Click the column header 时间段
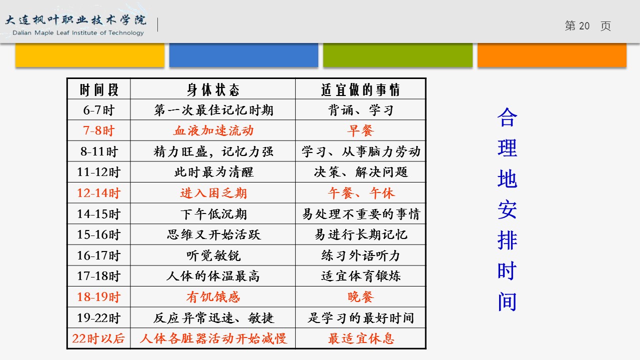click(99, 90)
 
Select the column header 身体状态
click(213, 90)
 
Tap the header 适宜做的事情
click(361, 90)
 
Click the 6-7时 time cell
click(99, 110)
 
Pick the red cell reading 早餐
click(361, 130)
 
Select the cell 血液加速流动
click(213, 130)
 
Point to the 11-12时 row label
click(99, 172)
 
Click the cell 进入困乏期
click(213, 193)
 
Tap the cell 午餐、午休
click(361, 193)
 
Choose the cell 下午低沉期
click(213, 214)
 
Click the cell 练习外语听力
click(361, 255)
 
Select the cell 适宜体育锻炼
click(361, 276)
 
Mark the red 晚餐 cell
click(361, 297)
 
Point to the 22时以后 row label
click(98, 338)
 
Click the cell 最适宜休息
click(361, 338)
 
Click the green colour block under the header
click(398, 55)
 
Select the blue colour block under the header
click(244, 55)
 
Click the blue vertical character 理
click(507, 148)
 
